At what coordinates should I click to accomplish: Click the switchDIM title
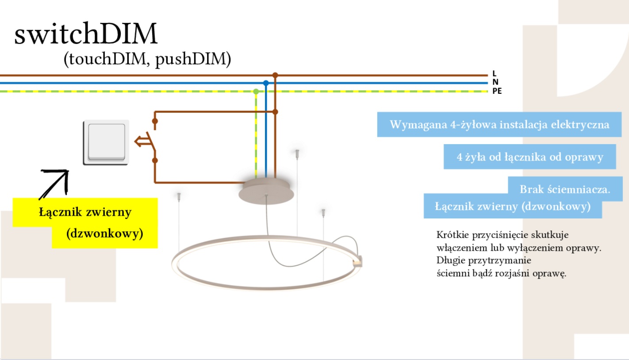tap(86, 34)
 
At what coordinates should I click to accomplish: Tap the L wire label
tap(494, 74)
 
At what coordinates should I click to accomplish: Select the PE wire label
tap(497, 92)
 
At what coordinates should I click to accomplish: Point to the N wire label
tap(495, 83)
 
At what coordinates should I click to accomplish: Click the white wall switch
tap(106, 142)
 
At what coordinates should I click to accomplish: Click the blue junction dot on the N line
tap(266, 83)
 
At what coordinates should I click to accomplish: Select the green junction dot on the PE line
tap(256, 92)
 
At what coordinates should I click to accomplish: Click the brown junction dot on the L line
tap(275, 75)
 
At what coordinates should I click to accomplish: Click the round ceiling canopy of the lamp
tap(265, 191)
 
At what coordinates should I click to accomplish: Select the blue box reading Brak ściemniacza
tap(565, 189)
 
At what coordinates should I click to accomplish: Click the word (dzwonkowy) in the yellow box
tap(105, 234)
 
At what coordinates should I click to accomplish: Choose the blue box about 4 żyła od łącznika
tap(529, 157)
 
